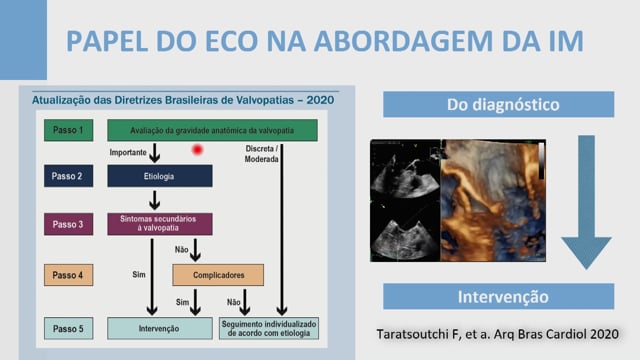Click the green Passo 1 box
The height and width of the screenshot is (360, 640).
(69, 130)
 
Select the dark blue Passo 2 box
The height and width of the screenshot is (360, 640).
(69, 176)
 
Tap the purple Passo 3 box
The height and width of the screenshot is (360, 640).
(69, 224)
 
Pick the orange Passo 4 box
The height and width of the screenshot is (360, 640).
(69, 275)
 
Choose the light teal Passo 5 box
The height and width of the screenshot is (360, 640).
(69, 329)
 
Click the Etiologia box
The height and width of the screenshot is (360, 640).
(160, 176)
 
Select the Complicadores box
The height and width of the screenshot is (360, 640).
(218, 275)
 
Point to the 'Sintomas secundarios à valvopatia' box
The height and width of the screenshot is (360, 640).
(160, 224)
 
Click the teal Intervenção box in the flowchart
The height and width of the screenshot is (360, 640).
(160, 329)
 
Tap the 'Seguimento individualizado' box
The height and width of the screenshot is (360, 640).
(269, 329)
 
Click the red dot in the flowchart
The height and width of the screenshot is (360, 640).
(197, 150)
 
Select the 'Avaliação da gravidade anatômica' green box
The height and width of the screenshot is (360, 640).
(212, 130)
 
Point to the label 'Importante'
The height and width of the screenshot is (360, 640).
(128, 152)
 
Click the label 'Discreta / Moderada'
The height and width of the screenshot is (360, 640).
(261, 154)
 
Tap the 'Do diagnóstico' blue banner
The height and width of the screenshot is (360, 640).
(498, 104)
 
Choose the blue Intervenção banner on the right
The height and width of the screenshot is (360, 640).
(498, 297)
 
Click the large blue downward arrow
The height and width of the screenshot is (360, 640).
(586, 202)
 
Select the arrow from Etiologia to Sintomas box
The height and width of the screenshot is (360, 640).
(154, 200)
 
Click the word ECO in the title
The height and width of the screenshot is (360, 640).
(231, 41)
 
